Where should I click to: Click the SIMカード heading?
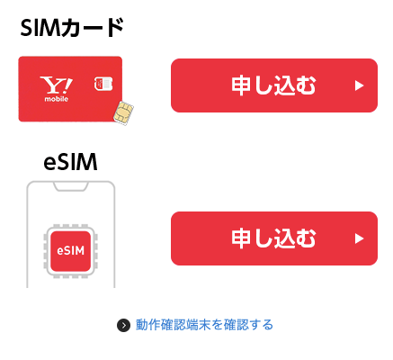click(x=72, y=28)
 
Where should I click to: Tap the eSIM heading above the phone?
click(x=70, y=162)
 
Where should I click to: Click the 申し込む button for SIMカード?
click(x=274, y=85)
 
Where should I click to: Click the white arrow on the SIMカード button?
click(x=359, y=85)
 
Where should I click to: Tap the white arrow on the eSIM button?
click(x=359, y=238)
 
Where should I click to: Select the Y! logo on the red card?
click(x=57, y=85)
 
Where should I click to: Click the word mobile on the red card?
click(x=57, y=99)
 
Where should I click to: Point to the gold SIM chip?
click(x=123, y=112)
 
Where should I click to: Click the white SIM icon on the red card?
click(x=103, y=84)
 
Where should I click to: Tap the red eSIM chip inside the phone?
click(x=70, y=251)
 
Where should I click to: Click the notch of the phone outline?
click(x=71, y=186)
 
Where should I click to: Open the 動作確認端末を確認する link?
click(x=204, y=325)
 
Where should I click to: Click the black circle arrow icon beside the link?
click(x=123, y=325)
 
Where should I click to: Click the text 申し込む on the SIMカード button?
click(x=273, y=85)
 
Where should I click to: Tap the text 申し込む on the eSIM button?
click(x=273, y=238)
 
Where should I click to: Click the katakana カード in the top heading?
click(x=92, y=28)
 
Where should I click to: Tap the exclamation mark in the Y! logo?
click(x=67, y=85)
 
